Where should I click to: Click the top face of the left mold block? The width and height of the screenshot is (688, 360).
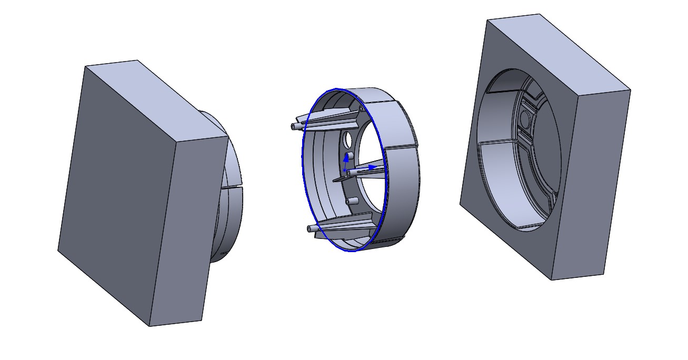(158, 100)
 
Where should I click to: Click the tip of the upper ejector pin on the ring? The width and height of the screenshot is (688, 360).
(293, 126)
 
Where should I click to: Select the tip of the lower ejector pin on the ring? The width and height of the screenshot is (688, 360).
(308, 228)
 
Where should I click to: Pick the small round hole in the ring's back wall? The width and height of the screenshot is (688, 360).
(347, 140)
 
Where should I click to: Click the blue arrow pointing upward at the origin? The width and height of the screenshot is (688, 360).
(346, 156)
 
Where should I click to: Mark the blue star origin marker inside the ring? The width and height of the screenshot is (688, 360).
(345, 171)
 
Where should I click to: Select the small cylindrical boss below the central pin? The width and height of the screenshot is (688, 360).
(353, 201)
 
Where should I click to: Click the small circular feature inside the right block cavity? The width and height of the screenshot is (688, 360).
(525, 119)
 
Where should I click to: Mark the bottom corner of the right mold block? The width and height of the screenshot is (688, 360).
(551, 279)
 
